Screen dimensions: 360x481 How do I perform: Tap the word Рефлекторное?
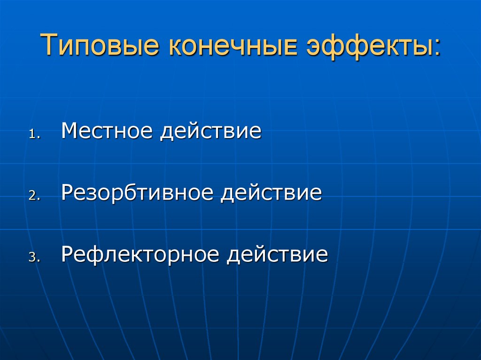(x=140, y=255)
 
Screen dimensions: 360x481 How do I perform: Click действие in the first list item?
(x=210, y=131)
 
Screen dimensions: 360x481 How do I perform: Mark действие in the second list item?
(x=272, y=193)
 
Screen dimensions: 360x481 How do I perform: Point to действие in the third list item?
(x=277, y=255)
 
